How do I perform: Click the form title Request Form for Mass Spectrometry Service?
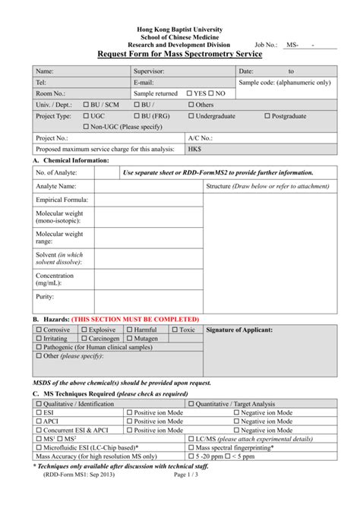coord(179,55)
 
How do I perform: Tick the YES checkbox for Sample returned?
coord(190,93)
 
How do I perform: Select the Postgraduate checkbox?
coord(267,116)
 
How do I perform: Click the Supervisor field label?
coord(152,71)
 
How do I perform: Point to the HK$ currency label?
coord(195,150)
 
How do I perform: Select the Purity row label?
coord(45,297)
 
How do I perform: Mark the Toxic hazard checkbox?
coord(175,330)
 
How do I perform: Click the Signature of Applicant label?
coord(239,330)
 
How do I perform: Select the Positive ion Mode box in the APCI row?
coord(130,421)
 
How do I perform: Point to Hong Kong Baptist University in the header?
coord(180,27)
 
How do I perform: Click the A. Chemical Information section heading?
coord(71,161)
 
